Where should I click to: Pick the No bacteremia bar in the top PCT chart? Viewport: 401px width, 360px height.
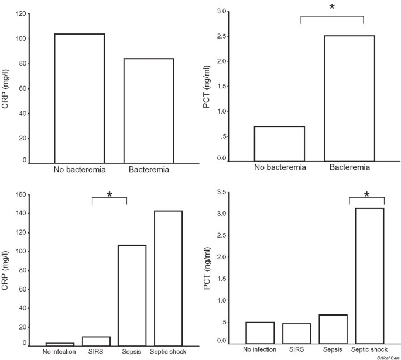279,143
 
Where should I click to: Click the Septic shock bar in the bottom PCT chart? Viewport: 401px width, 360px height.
367,276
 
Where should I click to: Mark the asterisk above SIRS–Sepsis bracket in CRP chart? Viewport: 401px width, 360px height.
109,195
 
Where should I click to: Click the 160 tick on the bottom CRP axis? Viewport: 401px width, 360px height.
22,195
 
